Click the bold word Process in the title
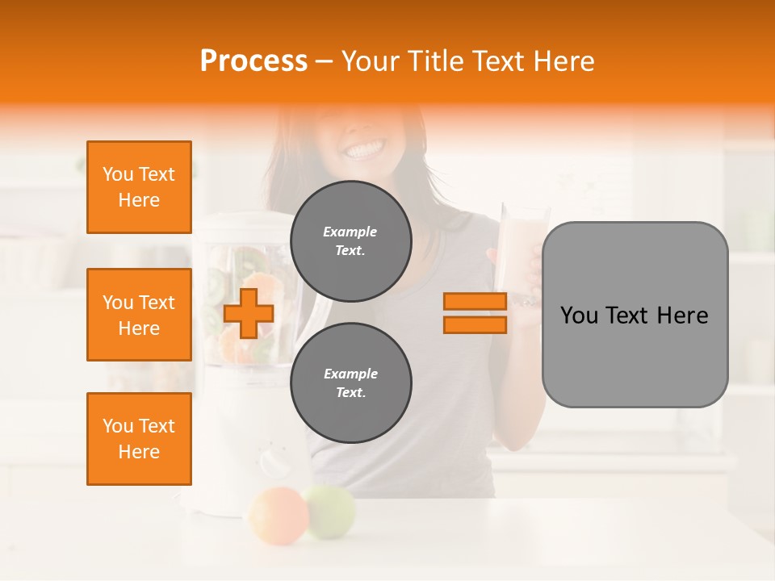click(x=253, y=61)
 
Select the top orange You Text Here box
click(x=139, y=187)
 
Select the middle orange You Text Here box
click(x=139, y=315)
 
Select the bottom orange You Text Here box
click(x=139, y=439)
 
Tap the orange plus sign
click(x=249, y=314)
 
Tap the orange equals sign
click(x=475, y=313)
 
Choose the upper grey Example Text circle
click(x=351, y=240)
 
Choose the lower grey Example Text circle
click(x=351, y=382)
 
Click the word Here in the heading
click(x=566, y=61)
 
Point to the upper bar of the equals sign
click(x=475, y=302)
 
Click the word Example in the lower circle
click(x=351, y=374)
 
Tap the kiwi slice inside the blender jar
click(x=216, y=282)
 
